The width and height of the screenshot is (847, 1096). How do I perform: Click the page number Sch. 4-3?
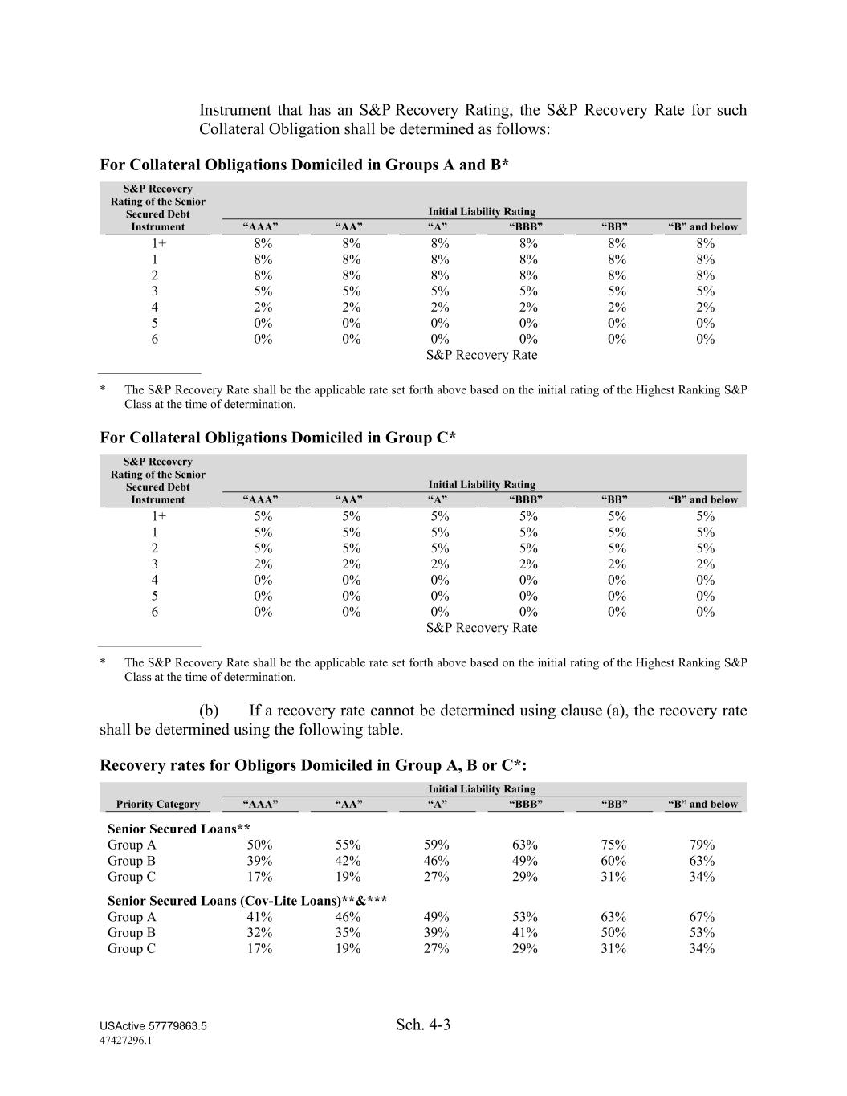click(423, 1025)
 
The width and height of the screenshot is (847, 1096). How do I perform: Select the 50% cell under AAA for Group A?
click(259, 845)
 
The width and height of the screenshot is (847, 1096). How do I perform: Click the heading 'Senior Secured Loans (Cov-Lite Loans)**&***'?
click(247, 901)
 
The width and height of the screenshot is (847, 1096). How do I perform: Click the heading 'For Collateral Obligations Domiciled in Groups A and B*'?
click(304, 165)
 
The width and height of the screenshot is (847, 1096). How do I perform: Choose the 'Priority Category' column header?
click(157, 804)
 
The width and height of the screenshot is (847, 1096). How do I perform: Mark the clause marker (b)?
click(209, 711)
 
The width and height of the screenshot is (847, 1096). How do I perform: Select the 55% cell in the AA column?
click(348, 845)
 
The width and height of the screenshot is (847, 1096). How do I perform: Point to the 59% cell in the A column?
click(436, 845)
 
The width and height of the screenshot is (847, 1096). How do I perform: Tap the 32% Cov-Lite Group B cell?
click(259, 933)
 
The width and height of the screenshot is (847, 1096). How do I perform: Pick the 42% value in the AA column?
click(348, 861)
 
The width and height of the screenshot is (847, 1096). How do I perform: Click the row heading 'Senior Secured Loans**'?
click(179, 829)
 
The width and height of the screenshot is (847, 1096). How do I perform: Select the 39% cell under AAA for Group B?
click(259, 861)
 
